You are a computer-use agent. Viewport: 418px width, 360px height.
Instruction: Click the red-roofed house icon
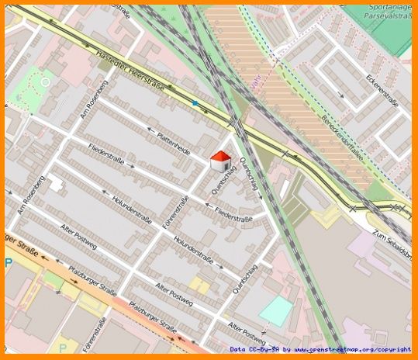(x=220, y=161)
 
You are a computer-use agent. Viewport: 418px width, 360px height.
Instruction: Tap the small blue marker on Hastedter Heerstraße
(x=195, y=102)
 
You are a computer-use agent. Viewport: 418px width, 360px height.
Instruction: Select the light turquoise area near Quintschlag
(x=275, y=311)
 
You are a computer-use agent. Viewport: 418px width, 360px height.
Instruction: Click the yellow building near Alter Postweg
(x=200, y=285)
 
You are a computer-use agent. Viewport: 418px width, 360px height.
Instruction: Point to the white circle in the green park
(x=45, y=81)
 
